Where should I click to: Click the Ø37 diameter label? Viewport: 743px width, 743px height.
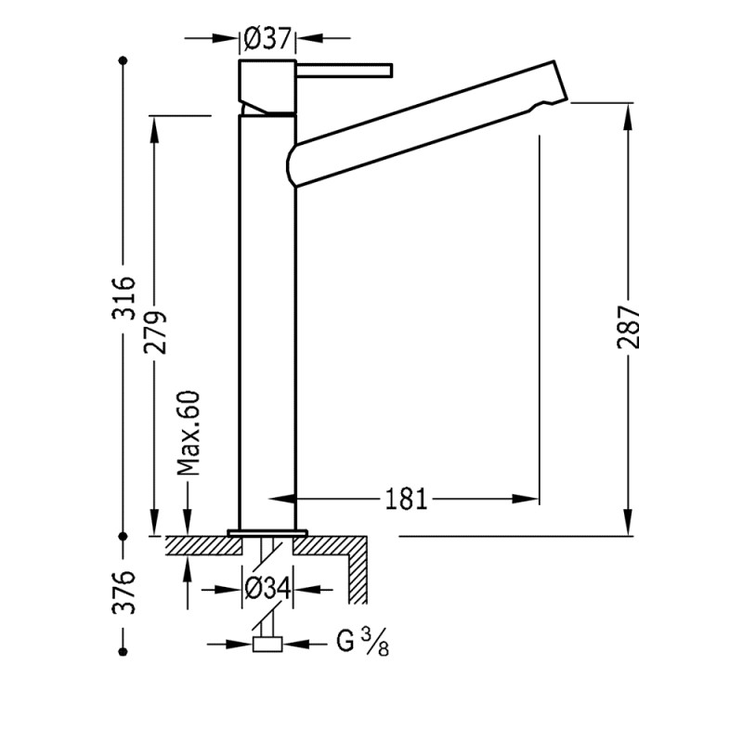click(x=267, y=39)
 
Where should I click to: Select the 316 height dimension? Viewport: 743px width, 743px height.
click(x=124, y=297)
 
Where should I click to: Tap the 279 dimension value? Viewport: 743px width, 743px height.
click(x=155, y=331)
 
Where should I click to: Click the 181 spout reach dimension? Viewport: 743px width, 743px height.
click(x=406, y=500)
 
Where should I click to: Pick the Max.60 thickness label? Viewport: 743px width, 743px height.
click(x=189, y=433)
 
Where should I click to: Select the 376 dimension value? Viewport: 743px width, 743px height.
click(x=124, y=592)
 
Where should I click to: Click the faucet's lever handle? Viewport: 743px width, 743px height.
click(x=345, y=71)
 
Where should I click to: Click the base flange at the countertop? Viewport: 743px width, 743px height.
click(x=267, y=533)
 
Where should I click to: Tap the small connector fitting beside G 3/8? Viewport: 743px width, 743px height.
click(x=267, y=644)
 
